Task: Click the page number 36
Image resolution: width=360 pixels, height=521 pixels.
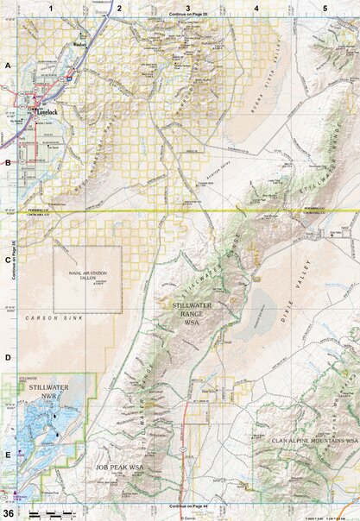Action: (8, 514)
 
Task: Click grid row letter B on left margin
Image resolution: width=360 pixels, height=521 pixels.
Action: (8, 161)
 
